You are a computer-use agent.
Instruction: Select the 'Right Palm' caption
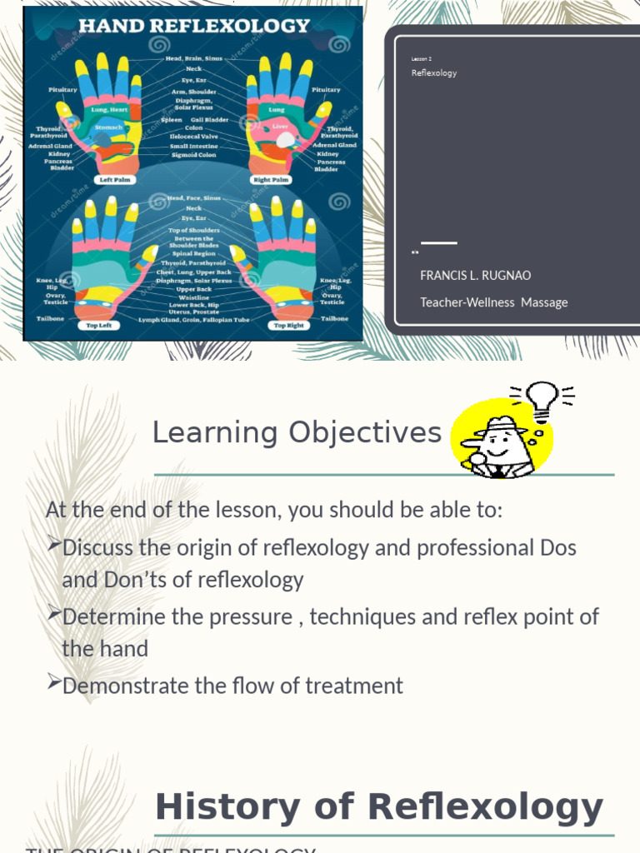270,179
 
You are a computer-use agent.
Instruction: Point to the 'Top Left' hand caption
98,326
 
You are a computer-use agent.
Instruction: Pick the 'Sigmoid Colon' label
192,155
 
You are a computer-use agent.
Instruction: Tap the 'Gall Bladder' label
207,119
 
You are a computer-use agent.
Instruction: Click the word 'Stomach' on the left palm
108,127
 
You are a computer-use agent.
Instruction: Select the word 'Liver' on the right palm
280,127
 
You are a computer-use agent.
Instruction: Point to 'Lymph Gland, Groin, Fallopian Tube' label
193,320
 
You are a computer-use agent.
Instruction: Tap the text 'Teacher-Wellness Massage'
493,302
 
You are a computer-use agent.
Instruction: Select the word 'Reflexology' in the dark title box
434,73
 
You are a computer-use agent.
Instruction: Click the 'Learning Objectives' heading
297,432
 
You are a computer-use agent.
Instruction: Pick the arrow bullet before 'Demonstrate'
53,685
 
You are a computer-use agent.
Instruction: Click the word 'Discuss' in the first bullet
98,548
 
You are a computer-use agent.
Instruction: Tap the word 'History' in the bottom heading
217,808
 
